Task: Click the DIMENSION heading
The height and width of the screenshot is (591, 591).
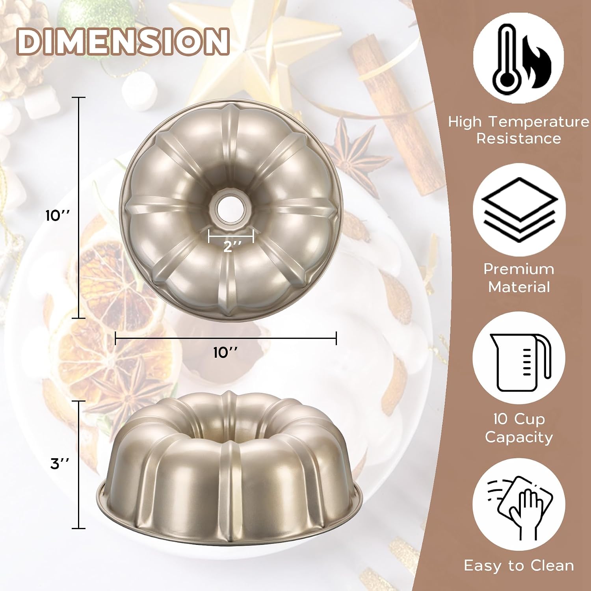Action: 123,41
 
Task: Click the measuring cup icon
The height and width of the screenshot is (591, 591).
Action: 519,359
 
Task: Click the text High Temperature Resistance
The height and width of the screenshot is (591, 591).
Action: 519,130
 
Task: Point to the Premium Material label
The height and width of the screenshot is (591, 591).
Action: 519,278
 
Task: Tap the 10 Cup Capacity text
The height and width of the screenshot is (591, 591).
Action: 519,428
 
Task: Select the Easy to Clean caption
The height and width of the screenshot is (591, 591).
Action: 519,566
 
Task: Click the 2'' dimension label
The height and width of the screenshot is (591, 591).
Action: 232,247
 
